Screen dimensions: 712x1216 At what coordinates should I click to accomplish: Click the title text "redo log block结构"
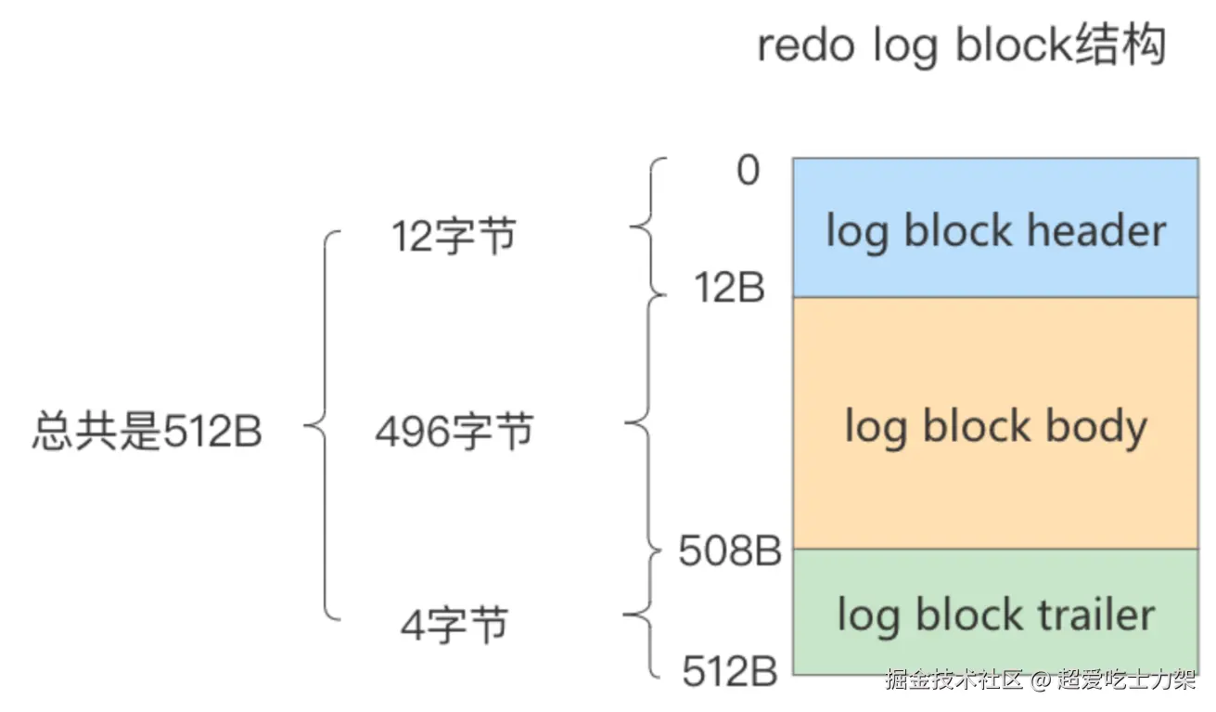[961, 45]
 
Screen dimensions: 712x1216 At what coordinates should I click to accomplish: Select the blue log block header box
[994, 227]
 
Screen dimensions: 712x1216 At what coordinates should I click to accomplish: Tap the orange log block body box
[994, 423]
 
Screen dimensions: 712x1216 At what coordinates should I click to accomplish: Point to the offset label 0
[748, 172]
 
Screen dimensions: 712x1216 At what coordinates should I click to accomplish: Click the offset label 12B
[730, 290]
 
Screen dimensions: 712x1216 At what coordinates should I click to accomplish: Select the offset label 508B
[730, 551]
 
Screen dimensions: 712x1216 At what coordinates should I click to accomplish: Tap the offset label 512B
[730, 671]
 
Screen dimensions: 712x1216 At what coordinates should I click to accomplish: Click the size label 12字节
[454, 238]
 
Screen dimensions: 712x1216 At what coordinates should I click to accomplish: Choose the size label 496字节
[454, 432]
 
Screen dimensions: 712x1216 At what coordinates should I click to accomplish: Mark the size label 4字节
[454, 624]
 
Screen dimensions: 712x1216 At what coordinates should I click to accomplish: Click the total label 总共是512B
[147, 433]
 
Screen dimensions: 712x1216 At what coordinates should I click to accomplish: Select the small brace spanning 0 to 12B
[646, 227]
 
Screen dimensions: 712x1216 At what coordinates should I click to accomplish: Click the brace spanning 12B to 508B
[643, 424]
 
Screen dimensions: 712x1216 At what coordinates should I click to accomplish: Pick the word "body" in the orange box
[1096, 426]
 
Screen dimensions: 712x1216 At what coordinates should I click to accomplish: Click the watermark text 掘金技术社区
[954, 680]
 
